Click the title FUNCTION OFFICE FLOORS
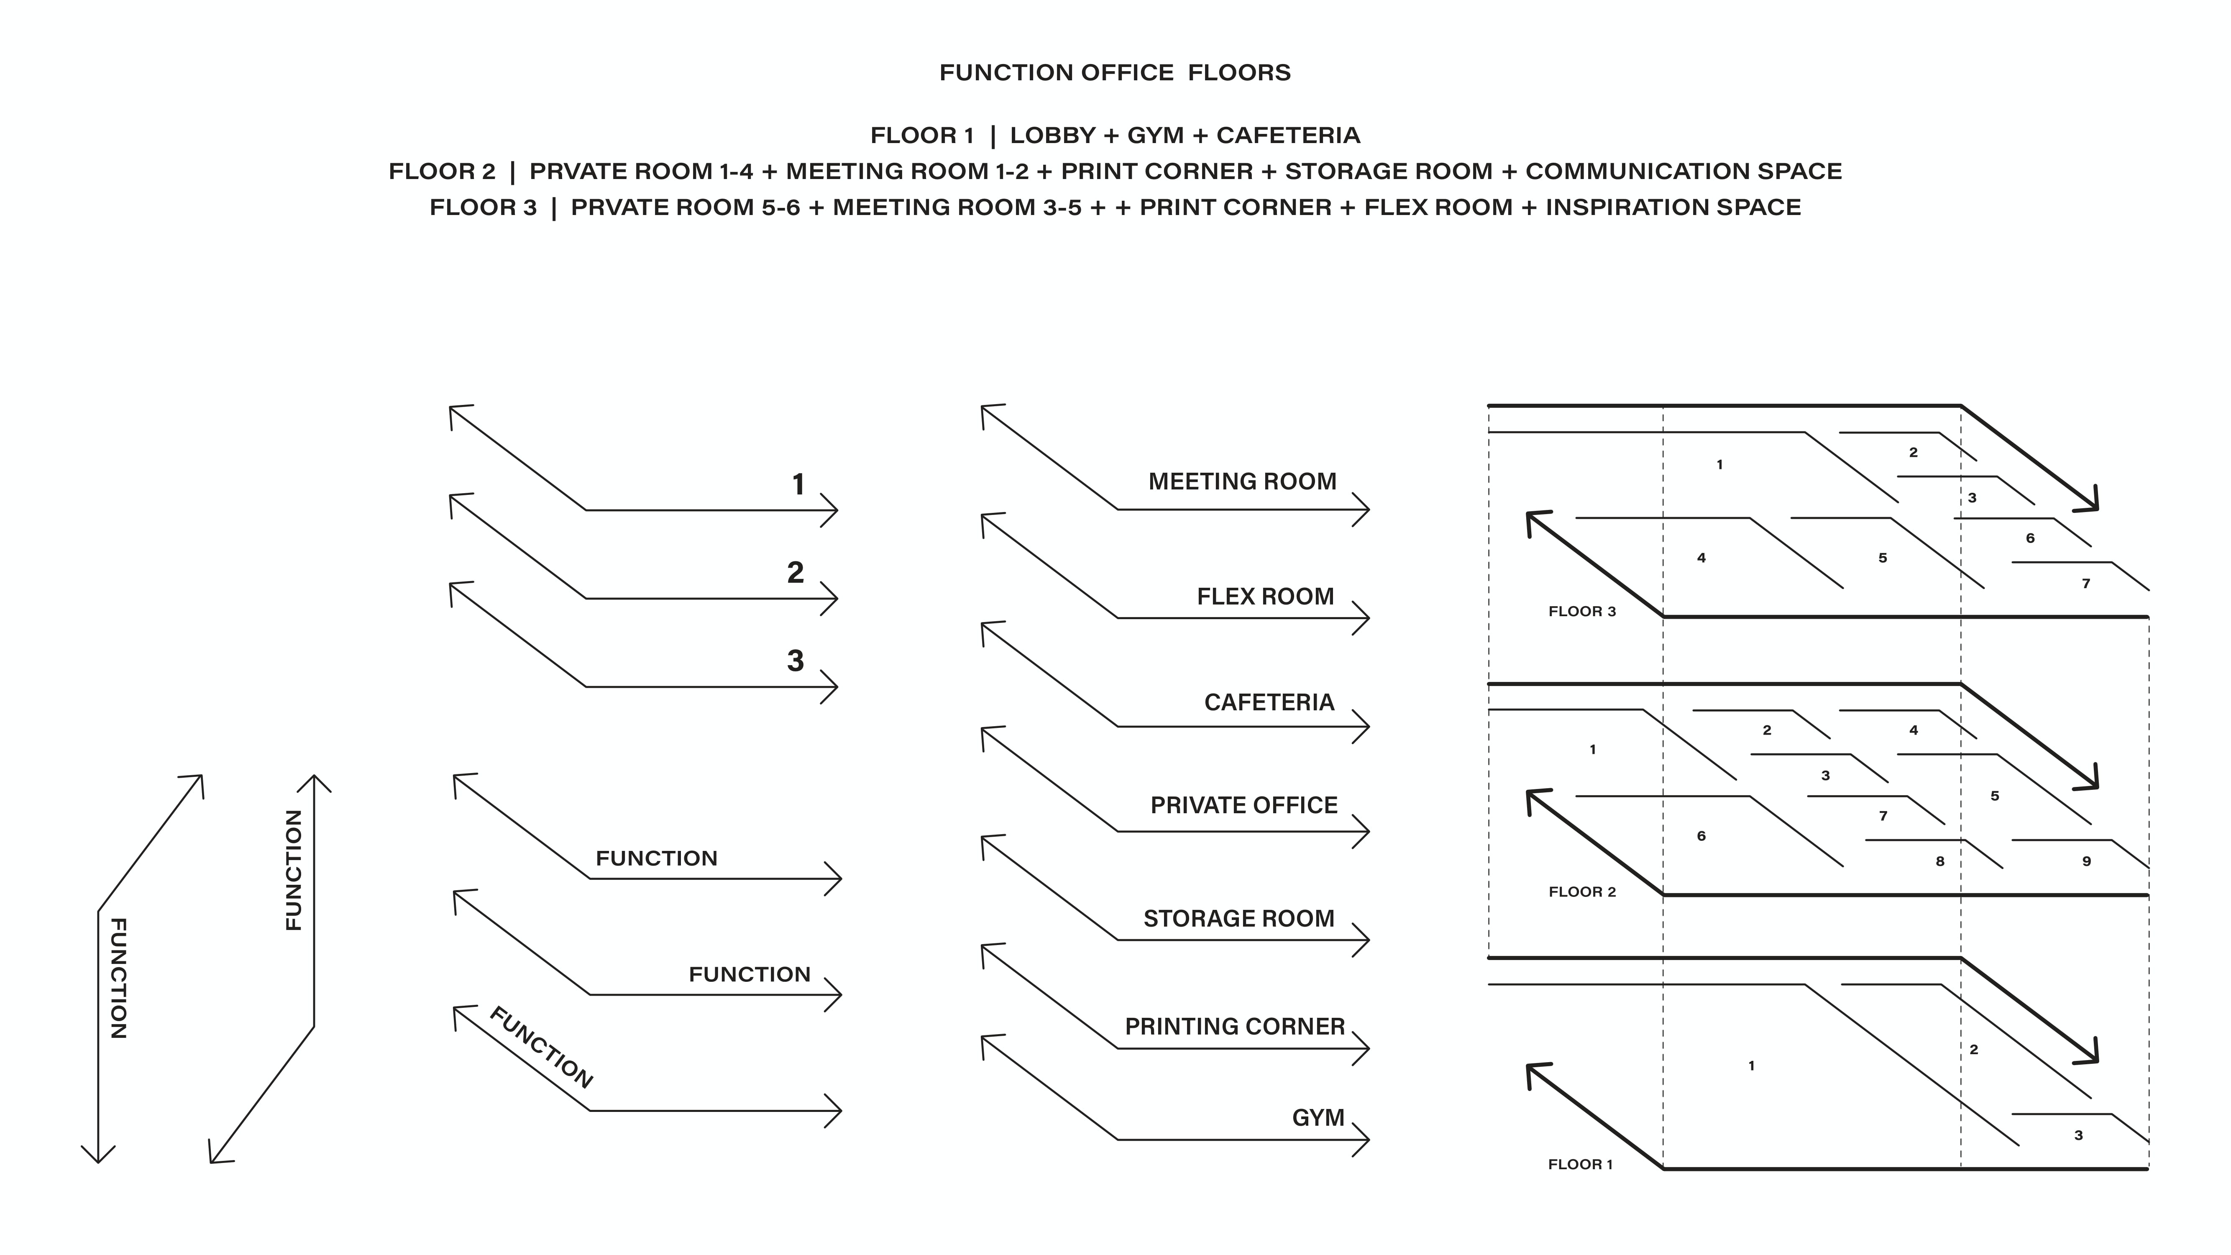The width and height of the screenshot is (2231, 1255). click(1115, 73)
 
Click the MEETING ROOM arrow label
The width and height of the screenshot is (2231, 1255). click(1242, 482)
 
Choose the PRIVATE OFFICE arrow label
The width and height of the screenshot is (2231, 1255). click(1243, 805)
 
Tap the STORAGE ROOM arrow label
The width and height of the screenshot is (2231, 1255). click(1238, 919)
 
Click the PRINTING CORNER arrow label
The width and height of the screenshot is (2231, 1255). click(1234, 1027)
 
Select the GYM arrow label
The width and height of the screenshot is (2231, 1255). click(1317, 1118)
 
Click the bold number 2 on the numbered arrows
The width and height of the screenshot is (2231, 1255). click(795, 573)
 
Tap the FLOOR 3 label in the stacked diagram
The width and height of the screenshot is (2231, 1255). click(1581, 612)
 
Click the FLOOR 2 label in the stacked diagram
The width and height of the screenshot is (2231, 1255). click(1581, 892)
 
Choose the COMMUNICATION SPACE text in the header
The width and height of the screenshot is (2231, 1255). click(1683, 172)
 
